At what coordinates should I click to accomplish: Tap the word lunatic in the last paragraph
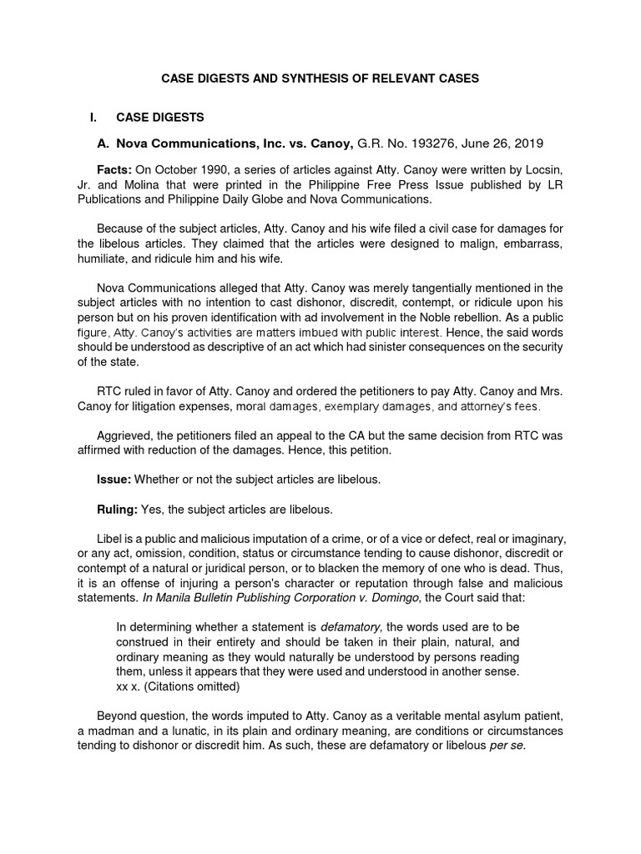(203, 731)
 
